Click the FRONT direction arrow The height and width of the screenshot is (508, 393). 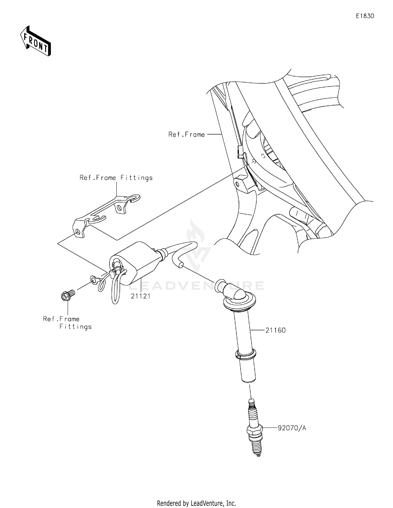click(36, 41)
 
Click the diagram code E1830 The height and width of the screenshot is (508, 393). click(365, 16)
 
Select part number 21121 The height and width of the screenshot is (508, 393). click(141, 296)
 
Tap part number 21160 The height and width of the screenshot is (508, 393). click(275, 330)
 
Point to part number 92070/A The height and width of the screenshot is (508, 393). click(292, 428)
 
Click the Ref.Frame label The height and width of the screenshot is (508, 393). click(187, 134)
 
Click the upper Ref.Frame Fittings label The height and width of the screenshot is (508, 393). click(116, 178)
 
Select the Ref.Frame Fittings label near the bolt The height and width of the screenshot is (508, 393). click(67, 323)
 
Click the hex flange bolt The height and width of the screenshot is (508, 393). click(67, 295)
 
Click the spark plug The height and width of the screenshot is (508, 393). click(254, 430)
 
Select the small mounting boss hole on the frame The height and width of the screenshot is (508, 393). click(237, 184)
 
